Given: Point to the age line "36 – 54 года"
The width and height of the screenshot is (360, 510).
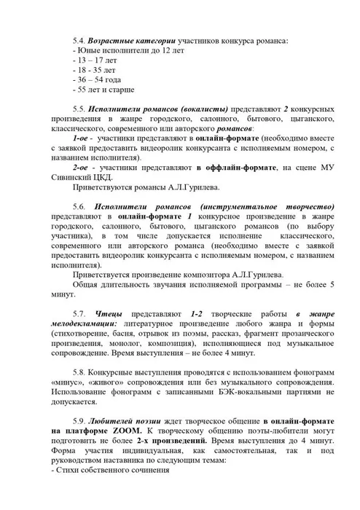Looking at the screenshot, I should point(98,79).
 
